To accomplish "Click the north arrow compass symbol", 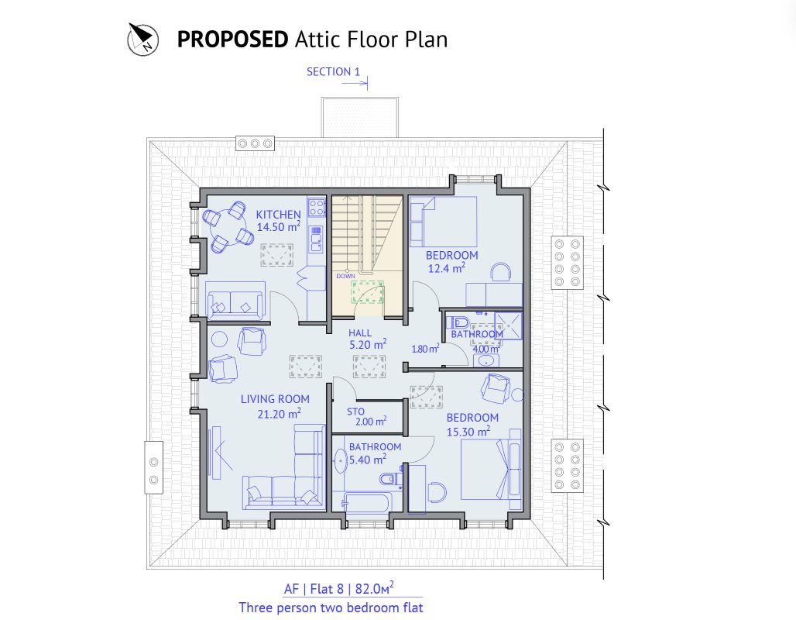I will coord(142,38).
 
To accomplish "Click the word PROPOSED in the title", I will coord(232,40).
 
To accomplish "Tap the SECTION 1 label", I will coord(333,72).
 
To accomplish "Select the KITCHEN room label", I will coord(278,215).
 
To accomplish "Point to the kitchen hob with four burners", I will coord(316,207).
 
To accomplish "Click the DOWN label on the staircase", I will coord(345,276).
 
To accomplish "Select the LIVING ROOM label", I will coord(274,399).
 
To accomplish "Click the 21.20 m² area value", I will coord(280,414).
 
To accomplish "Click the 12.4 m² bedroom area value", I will coord(446,269).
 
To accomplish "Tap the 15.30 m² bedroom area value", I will coord(468,432).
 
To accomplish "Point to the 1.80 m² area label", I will coord(424,350).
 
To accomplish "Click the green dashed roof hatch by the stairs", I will coord(368,292).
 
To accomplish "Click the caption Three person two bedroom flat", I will coord(331,608).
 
